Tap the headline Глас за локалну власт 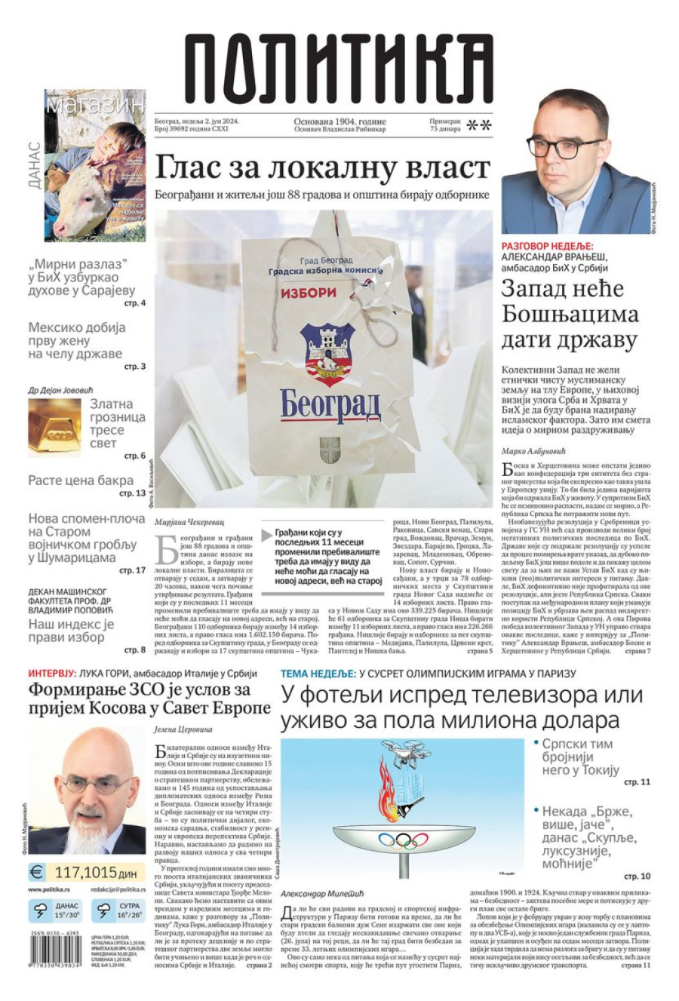tap(323, 167)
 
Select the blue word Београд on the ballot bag tap(330, 404)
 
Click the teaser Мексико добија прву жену tap(75, 340)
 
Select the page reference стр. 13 tap(133, 493)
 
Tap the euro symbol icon tap(37, 873)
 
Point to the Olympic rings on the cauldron tap(403, 840)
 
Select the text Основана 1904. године tap(339, 121)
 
